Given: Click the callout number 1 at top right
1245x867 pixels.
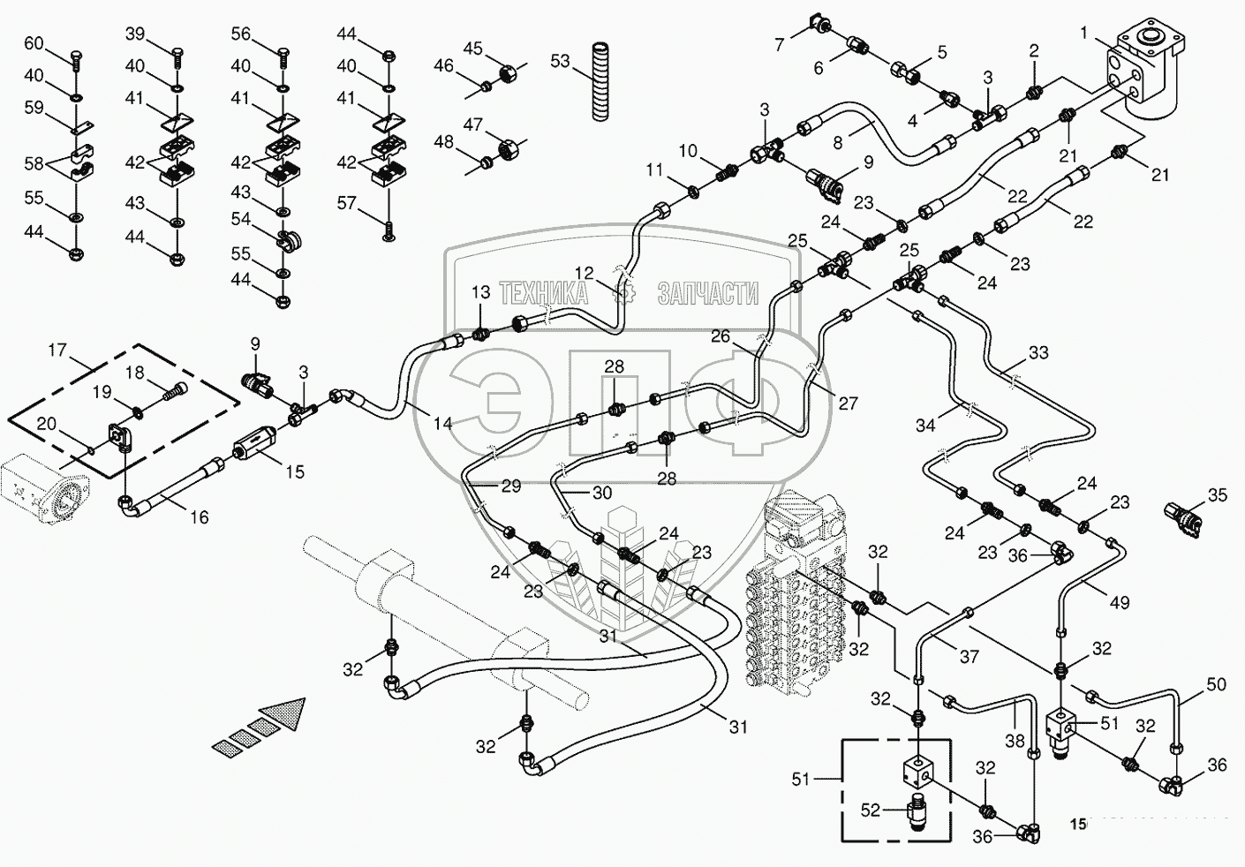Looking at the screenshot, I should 1083,33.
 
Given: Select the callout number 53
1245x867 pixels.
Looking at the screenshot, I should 561,61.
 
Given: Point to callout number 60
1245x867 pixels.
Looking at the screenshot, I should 33,44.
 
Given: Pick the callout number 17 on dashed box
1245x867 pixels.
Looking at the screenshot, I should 57,351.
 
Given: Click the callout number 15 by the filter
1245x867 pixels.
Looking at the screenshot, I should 295,471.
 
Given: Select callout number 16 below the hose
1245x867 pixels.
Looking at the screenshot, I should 200,516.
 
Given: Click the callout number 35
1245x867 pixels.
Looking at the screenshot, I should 1218,495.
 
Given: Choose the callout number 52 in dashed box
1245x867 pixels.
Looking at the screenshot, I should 870,810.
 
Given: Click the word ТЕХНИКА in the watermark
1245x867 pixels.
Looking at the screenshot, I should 543,293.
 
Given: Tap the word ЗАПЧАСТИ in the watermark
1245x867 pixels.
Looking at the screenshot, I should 707,293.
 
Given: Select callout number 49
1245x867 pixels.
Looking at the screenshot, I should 1120,603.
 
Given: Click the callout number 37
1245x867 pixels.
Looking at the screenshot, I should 970,656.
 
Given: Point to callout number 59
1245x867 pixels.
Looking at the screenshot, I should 34,108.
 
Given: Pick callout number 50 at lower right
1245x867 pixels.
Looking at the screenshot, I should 1216,684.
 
